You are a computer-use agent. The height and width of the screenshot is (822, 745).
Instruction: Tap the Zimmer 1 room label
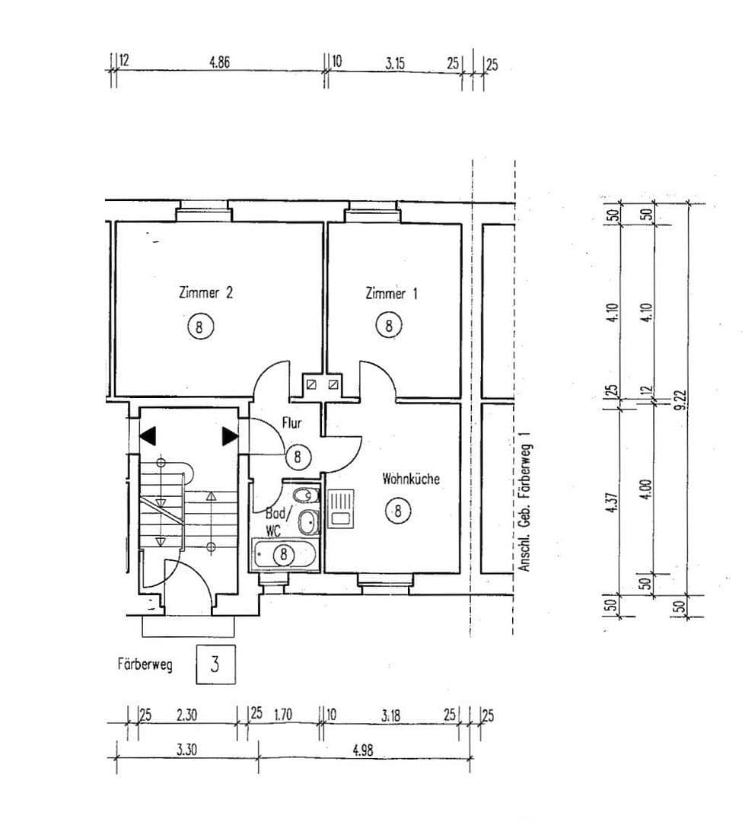(x=391, y=293)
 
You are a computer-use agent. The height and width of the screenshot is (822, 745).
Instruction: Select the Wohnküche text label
(x=410, y=479)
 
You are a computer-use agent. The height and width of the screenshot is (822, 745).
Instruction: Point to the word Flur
(x=293, y=423)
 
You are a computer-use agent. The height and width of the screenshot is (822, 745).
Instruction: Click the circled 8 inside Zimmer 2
(x=200, y=327)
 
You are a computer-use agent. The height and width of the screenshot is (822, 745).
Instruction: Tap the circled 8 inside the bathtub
(x=283, y=554)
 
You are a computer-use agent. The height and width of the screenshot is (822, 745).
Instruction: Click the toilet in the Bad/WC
(x=306, y=495)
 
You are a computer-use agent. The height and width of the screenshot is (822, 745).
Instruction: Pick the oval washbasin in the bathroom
(x=308, y=523)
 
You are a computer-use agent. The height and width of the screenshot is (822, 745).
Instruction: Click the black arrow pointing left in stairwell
(x=148, y=436)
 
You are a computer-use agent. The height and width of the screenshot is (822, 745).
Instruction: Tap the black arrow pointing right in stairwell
(x=230, y=436)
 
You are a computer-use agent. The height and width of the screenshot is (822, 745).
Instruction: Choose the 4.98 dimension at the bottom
(x=364, y=750)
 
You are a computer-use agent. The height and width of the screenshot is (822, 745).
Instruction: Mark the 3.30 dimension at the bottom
(x=186, y=750)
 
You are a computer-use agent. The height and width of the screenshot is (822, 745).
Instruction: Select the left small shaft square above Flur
(x=311, y=384)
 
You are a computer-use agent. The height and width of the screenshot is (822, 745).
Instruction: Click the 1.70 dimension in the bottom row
(x=282, y=715)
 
